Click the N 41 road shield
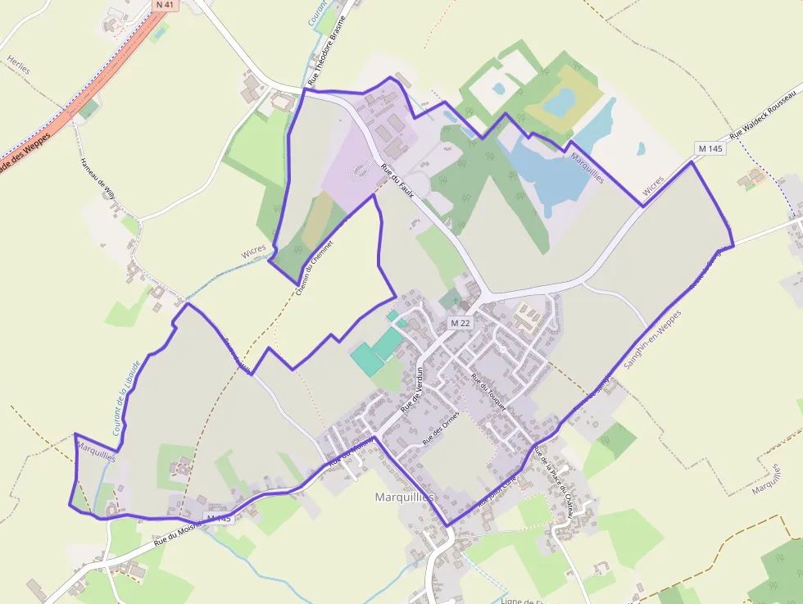click(x=166, y=5)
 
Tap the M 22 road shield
click(x=460, y=324)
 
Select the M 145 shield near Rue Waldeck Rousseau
click(x=710, y=148)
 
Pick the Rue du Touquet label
click(x=489, y=392)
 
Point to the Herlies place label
click(x=18, y=65)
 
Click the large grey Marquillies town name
click(x=404, y=497)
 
